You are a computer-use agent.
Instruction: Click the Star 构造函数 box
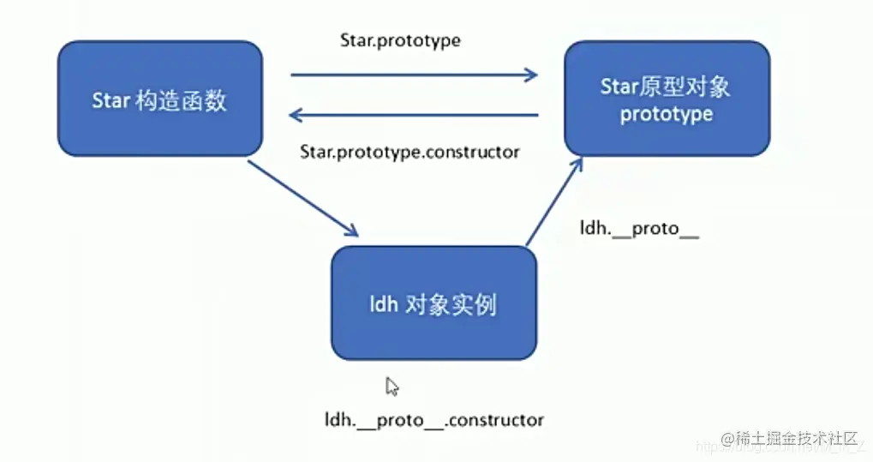click(159, 99)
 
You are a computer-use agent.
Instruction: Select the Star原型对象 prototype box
click(667, 99)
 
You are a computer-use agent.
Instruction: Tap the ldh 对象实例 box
click(434, 303)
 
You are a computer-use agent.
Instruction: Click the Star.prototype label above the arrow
click(399, 40)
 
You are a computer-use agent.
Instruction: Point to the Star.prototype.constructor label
click(410, 152)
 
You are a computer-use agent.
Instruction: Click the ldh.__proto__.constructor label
click(434, 420)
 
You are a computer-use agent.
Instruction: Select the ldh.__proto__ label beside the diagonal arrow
click(639, 230)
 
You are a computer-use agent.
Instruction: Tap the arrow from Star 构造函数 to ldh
click(303, 198)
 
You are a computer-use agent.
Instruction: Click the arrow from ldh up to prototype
click(553, 202)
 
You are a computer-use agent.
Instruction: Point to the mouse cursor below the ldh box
click(392, 387)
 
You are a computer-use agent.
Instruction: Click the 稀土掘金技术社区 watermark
click(789, 439)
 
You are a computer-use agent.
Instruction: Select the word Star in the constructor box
click(110, 100)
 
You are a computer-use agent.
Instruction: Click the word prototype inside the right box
click(667, 114)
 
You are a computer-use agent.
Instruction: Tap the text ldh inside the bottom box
click(383, 304)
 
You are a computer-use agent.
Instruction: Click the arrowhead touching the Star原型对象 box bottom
click(577, 164)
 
